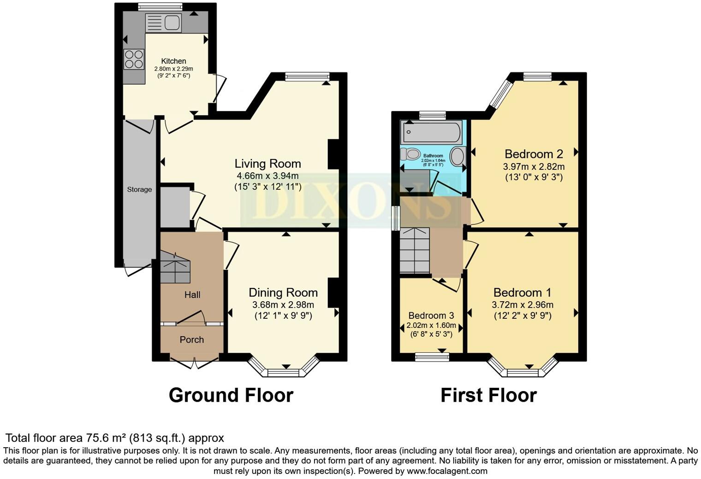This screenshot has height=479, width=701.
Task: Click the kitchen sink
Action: click(164, 23)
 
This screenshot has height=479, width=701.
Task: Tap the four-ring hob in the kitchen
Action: click(134, 59)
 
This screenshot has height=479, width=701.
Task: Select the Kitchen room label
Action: click(173, 61)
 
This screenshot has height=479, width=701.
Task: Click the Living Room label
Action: click(267, 164)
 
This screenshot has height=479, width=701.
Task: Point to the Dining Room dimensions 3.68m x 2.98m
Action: click(283, 304)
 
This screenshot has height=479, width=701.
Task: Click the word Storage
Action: click(139, 189)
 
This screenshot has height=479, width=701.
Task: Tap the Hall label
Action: click(192, 295)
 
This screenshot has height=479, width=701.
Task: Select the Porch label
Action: click(191, 339)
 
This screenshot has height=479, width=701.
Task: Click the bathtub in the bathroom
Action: click(431, 133)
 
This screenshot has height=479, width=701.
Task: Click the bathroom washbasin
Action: click(457, 156)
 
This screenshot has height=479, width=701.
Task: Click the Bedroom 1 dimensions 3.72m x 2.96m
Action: click(523, 304)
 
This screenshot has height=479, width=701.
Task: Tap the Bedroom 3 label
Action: click(431, 315)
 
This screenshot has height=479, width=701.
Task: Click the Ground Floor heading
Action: click(231, 395)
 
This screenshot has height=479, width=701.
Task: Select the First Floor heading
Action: click(488, 395)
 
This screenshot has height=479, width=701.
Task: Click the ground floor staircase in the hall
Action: click(175, 267)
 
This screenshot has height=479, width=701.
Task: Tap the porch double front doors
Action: click(194, 362)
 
